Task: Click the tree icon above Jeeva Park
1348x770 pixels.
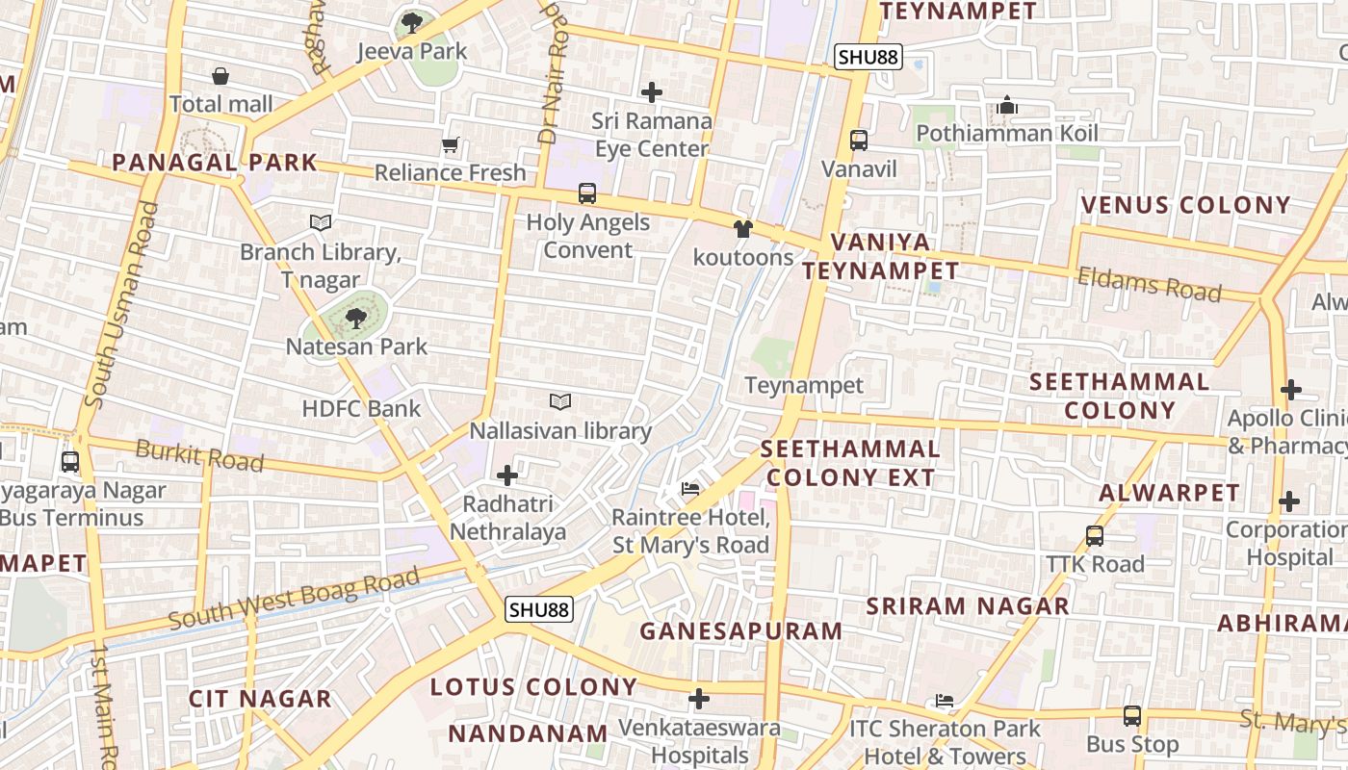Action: pyautogui.click(x=412, y=21)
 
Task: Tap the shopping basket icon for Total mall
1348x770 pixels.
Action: pyautogui.click(x=220, y=76)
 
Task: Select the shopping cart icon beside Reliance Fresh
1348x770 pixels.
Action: pyautogui.click(x=450, y=145)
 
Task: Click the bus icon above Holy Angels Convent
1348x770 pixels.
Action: pyautogui.click(x=587, y=192)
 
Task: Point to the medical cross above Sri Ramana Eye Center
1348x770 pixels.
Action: pyautogui.click(x=652, y=92)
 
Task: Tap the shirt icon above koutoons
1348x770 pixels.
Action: pyautogui.click(x=742, y=229)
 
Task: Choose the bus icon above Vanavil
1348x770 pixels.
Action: pyautogui.click(x=859, y=141)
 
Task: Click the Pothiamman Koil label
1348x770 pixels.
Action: pyautogui.click(x=1007, y=133)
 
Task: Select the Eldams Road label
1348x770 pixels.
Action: pyautogui.click(x=1149, y=284)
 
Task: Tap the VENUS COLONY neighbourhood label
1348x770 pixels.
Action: pyautogui.click(x=1185, y=205)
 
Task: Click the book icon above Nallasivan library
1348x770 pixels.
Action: pyautogui.click(x=560, y=400)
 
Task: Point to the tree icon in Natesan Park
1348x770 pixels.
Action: pyautogui.click(x=356, y=318)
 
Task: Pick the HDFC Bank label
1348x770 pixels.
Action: pyautogui.click(x=361, y=408)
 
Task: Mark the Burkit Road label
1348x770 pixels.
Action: pyautogui.click(x=199, y=455)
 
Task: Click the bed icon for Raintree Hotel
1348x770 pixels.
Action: pyautogui.click(x=690, y=488)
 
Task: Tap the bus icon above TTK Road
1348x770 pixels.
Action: pyautogui.click(x=1095, y=536)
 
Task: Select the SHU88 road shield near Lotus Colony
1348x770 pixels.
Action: pyautogui.click(x=539, y=609)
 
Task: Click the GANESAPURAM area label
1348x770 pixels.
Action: pyautogui.click(x=740, y=631)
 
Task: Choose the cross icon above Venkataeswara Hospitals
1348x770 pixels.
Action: pyautogui.click(x=700, y=699)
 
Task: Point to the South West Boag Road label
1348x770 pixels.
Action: pyautogui.click(x=295, y=598)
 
